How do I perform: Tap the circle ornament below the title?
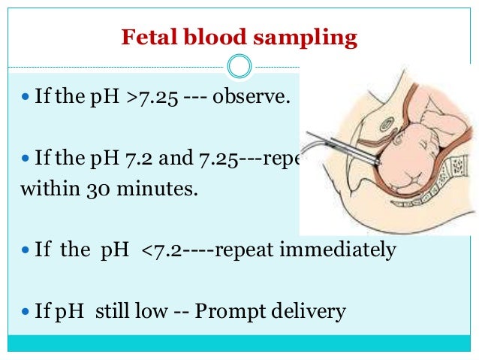[x=239, y=67]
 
